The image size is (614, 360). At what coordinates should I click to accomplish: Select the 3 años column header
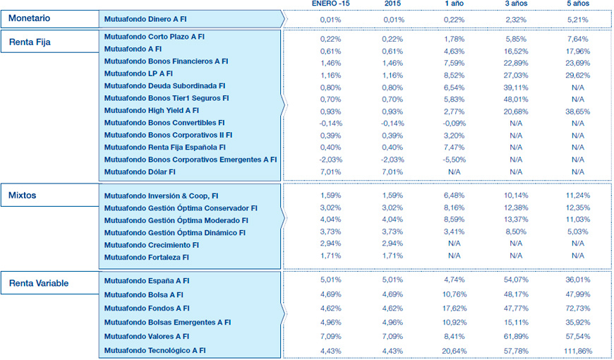[515, 4]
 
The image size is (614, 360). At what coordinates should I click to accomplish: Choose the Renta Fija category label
[30, 42]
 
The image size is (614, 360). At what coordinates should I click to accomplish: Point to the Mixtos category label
[23, 194]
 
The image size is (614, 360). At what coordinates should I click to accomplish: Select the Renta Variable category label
[40, 284]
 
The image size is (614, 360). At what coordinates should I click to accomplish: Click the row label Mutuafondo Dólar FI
[140, 172]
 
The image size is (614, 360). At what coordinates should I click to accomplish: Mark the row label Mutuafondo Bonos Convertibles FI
[164, 123]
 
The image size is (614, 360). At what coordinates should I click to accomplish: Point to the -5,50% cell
[454, 160]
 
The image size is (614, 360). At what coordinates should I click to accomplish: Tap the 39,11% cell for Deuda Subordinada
[515, 86]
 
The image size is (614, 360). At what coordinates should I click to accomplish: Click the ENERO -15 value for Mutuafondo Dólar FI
[330, 172]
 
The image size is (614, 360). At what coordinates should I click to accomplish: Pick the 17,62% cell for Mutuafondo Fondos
[454, 308]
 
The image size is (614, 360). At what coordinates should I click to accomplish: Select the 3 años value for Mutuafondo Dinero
[515, 19]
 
